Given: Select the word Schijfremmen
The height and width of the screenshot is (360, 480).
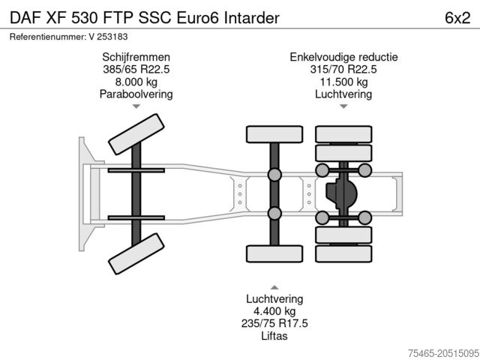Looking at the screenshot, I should click(x=136, y=57).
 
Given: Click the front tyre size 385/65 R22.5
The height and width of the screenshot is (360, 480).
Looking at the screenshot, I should click(x=136, y=69).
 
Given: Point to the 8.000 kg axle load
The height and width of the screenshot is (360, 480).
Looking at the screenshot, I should click(x=136, y=82).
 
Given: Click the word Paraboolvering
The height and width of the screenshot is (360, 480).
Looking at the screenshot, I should click(x=136, y=94).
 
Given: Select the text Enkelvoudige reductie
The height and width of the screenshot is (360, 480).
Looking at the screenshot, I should click(x=343, y=57).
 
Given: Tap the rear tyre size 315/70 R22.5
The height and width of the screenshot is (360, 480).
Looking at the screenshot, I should click(x=343, y=69).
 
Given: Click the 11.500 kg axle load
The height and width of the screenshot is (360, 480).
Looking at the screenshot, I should click(x=343, y=82).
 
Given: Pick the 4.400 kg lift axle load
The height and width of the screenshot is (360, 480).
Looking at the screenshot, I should click(x=274, y=310).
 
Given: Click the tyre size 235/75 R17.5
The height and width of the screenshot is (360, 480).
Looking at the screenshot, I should click(x=274, y=323).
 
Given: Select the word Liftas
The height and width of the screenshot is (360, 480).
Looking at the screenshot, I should click(x=274, y=336).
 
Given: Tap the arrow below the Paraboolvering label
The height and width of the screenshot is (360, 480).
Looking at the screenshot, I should click(x=136, y=107).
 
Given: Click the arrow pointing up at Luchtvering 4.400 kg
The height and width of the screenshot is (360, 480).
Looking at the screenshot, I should click(x=274, y=286).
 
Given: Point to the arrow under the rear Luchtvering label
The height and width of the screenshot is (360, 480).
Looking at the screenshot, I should click(x=343, y=107).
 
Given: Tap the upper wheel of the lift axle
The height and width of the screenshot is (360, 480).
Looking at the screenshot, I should click(x=274, y=135).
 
